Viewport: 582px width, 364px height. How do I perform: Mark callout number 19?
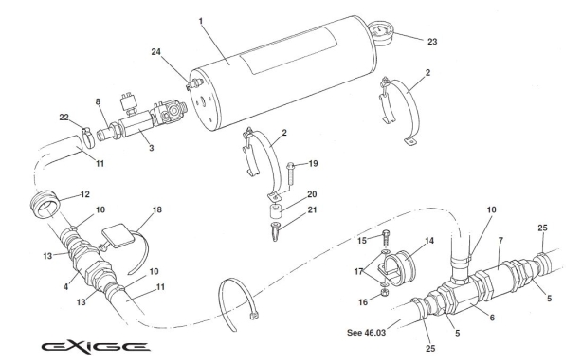tap(314, 163)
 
